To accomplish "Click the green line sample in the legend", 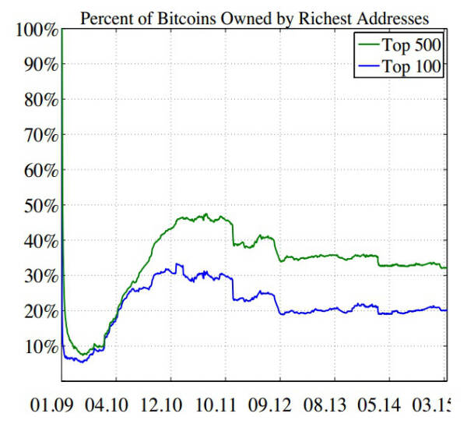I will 368,44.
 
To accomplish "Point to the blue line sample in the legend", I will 368,67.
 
